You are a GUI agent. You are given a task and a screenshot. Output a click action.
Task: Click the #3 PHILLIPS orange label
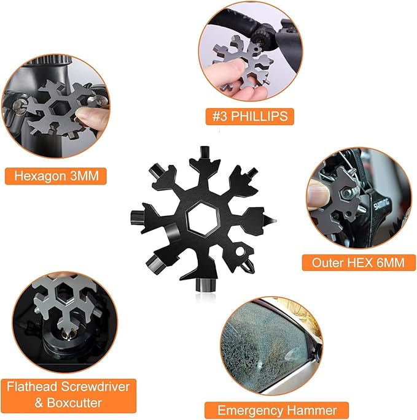(x=249, y=116)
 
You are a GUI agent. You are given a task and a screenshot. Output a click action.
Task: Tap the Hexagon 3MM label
(x=56, y=176)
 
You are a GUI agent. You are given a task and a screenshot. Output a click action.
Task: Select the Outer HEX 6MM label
(x=359, y=262)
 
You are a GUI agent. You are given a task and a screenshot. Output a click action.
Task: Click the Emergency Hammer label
(x=276, y=410)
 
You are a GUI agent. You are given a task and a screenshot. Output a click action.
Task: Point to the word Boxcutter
(x=74, y=403)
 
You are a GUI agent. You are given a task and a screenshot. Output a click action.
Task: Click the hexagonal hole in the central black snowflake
(x=203, y=219)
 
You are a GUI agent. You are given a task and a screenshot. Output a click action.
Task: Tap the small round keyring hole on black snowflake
(x=240, y=251)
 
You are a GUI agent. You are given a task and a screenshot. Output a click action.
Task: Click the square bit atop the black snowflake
(x=205, y=153)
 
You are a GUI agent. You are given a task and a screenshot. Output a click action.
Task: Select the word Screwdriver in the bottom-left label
(x=96, y=386)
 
